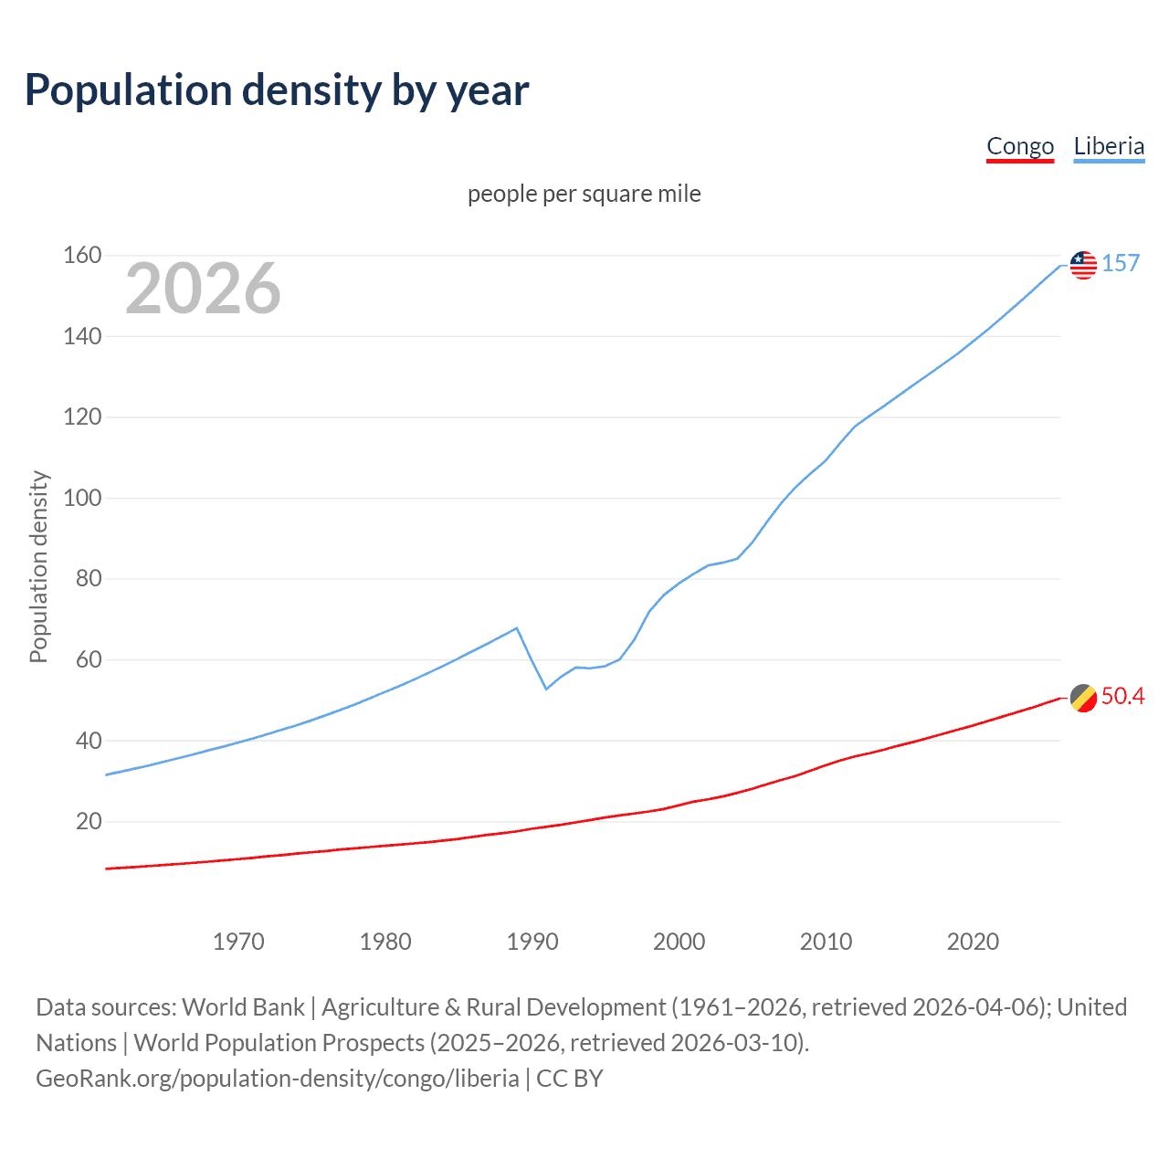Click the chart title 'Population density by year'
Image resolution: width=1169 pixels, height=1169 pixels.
pyautogui.click(x=277, y=90)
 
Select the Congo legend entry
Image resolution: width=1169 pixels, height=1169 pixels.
pyautogui.click(x=1020, y=146)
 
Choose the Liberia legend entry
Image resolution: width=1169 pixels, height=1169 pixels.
pyautogui.click(x=1109, y=146)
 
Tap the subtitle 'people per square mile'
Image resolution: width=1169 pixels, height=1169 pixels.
pyautogui.click(x=584, y=194)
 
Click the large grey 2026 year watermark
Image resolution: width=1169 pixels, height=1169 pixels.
pyautogui.click(x=203, y=289)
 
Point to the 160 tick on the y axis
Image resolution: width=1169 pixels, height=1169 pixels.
pyautogui.click(x=82, y=255)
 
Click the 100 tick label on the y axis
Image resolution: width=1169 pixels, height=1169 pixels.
pyautogui.click(x=82, y=498)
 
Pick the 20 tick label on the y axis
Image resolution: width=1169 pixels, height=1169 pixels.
pyautogui.click(x=89, y=821)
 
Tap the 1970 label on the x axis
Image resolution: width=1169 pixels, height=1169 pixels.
pyautogui.click(x=238, y=942)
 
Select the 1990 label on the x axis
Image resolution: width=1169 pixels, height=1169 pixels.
pyautogui.click(x=532, y=942)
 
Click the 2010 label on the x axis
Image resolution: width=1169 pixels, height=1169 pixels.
pyautogui.click(x=826, y=942)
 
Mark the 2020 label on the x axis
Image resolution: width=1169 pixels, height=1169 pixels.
pyautogui.click(x=973, y=942)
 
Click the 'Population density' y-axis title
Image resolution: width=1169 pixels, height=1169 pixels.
pyautogui.click(x=38, y=566)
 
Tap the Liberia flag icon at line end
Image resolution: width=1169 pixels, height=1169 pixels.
pyautogui.click(x=1083, y=265)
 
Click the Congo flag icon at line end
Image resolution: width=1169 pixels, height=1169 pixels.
pyautogui.click(x=1083, y=698)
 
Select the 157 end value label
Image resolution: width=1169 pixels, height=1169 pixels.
pyautogui.click(x=1121, y=263)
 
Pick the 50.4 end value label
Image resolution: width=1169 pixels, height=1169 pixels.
pyautogui.click(x=1122, y=696)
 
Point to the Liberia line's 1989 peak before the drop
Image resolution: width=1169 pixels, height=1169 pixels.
pyautogui.click(x=517, y=628)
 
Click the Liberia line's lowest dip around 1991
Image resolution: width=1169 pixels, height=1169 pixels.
pyautogui.click(x=546, y=689)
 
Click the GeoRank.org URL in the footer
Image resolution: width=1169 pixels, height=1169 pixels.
pyautogui.click(x=278, y=1079)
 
